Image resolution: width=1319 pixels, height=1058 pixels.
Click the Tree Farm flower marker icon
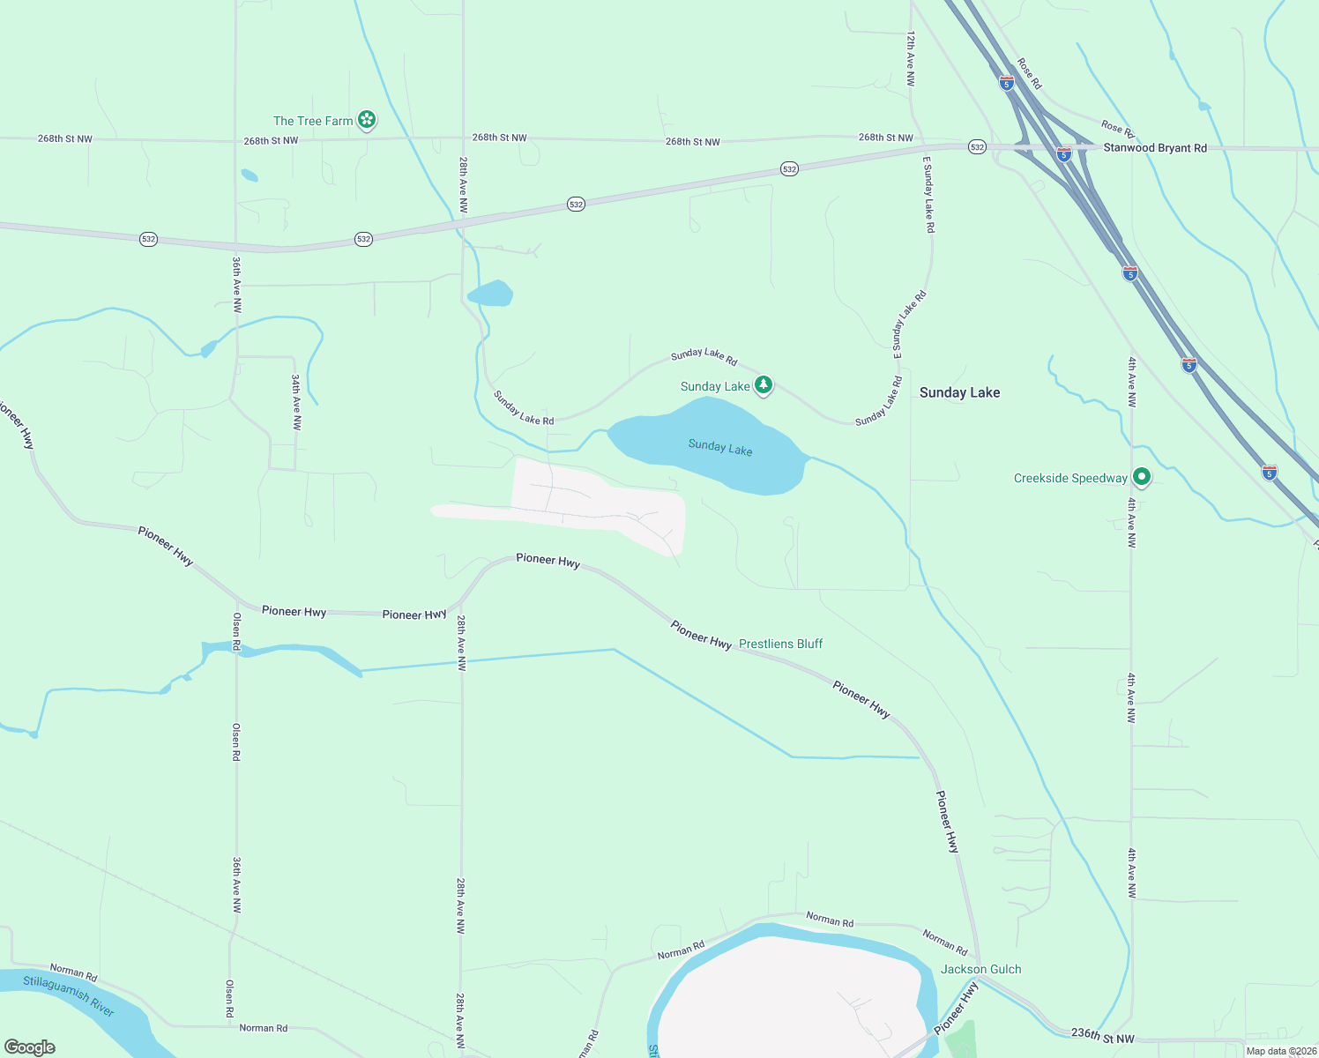pos(367,120)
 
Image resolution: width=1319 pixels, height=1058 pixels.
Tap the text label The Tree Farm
pos(313,121)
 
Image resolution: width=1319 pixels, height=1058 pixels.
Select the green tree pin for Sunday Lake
pos(764,385)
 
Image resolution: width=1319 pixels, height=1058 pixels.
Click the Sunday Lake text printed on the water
pos(720,447)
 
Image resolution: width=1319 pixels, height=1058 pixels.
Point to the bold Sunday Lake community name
pos(959,392)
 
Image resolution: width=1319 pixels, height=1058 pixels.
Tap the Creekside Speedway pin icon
pos(1142,477)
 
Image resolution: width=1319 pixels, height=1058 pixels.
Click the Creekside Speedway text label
pos(1070,478)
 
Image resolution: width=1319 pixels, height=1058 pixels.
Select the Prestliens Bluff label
pos(780,644)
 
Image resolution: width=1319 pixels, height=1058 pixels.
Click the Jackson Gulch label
pos(980,969)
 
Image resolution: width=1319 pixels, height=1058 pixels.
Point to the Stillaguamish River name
pos(69,995)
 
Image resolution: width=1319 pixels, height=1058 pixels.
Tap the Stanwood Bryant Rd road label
pos(1155,148)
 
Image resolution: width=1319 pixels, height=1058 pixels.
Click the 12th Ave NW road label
pos(910,58)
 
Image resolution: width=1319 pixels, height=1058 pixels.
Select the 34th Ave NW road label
pos(296,402)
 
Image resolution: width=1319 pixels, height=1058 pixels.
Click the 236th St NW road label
pos(1102,1036)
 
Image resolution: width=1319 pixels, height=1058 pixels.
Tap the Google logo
pos(30,1047)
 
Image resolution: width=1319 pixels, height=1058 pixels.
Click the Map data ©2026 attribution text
pos(1281,1051)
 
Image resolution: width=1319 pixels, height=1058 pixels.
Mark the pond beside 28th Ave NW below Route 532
pos(490,293)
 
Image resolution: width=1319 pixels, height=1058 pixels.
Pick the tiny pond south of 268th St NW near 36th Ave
pos(250,175)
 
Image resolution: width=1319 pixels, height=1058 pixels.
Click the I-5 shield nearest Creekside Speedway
pos(1269,473)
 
